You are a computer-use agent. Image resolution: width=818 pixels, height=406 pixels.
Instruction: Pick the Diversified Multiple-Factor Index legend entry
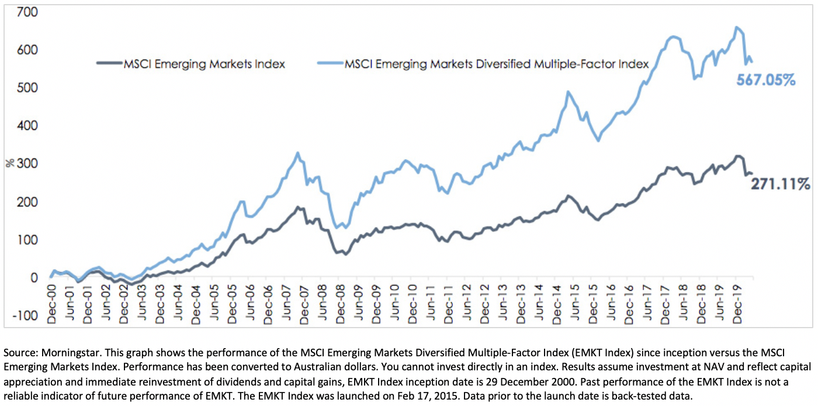tap(496, 64)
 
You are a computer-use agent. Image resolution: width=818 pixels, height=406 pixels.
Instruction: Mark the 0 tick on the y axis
tap(34, 278)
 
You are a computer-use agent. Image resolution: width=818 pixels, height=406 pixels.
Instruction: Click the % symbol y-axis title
tap(9, 164)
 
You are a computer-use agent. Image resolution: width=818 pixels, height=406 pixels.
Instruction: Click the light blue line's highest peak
tap(736, 27)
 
